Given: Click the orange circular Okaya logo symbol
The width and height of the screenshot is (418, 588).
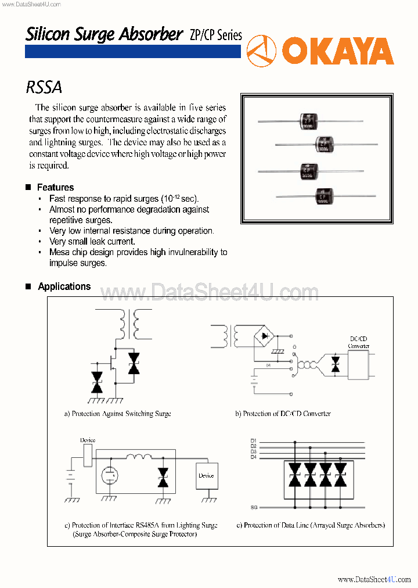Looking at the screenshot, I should click(x=261, y=51).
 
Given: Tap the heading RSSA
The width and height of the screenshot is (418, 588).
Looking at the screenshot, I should click(x=44, y=87).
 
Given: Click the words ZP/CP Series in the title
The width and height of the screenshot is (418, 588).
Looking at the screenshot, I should click(x=215, y=35).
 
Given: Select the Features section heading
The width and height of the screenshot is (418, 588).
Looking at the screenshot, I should click(x=55, y=188).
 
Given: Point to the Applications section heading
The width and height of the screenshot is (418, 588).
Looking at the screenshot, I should click(x=64, y=286).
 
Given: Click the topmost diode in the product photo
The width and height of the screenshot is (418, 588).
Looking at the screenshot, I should click(x=308, y=121).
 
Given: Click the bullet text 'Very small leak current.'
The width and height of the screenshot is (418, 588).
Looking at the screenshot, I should click(x=92, y=242).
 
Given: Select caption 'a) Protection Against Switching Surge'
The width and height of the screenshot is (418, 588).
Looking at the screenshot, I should click(x=117, y=414).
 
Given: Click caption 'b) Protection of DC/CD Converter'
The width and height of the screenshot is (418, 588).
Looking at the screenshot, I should click(x=283, y=414).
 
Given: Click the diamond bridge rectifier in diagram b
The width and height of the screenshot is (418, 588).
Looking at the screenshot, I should click(x=266, y=336).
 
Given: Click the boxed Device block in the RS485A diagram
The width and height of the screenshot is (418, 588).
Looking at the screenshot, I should click(x=206, y=476).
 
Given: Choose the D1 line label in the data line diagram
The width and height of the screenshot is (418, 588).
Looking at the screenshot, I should click(x=253, y=440).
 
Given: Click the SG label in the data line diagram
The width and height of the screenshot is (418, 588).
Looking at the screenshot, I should click(x=254, y=507).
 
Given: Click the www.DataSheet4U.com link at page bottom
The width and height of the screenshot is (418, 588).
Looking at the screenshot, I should click(x=374, y=579).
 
